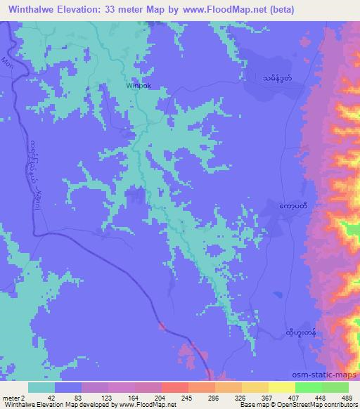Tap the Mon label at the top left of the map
click(8, 63)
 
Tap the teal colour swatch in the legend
click(41, 387)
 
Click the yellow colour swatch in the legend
click(282, 387)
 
